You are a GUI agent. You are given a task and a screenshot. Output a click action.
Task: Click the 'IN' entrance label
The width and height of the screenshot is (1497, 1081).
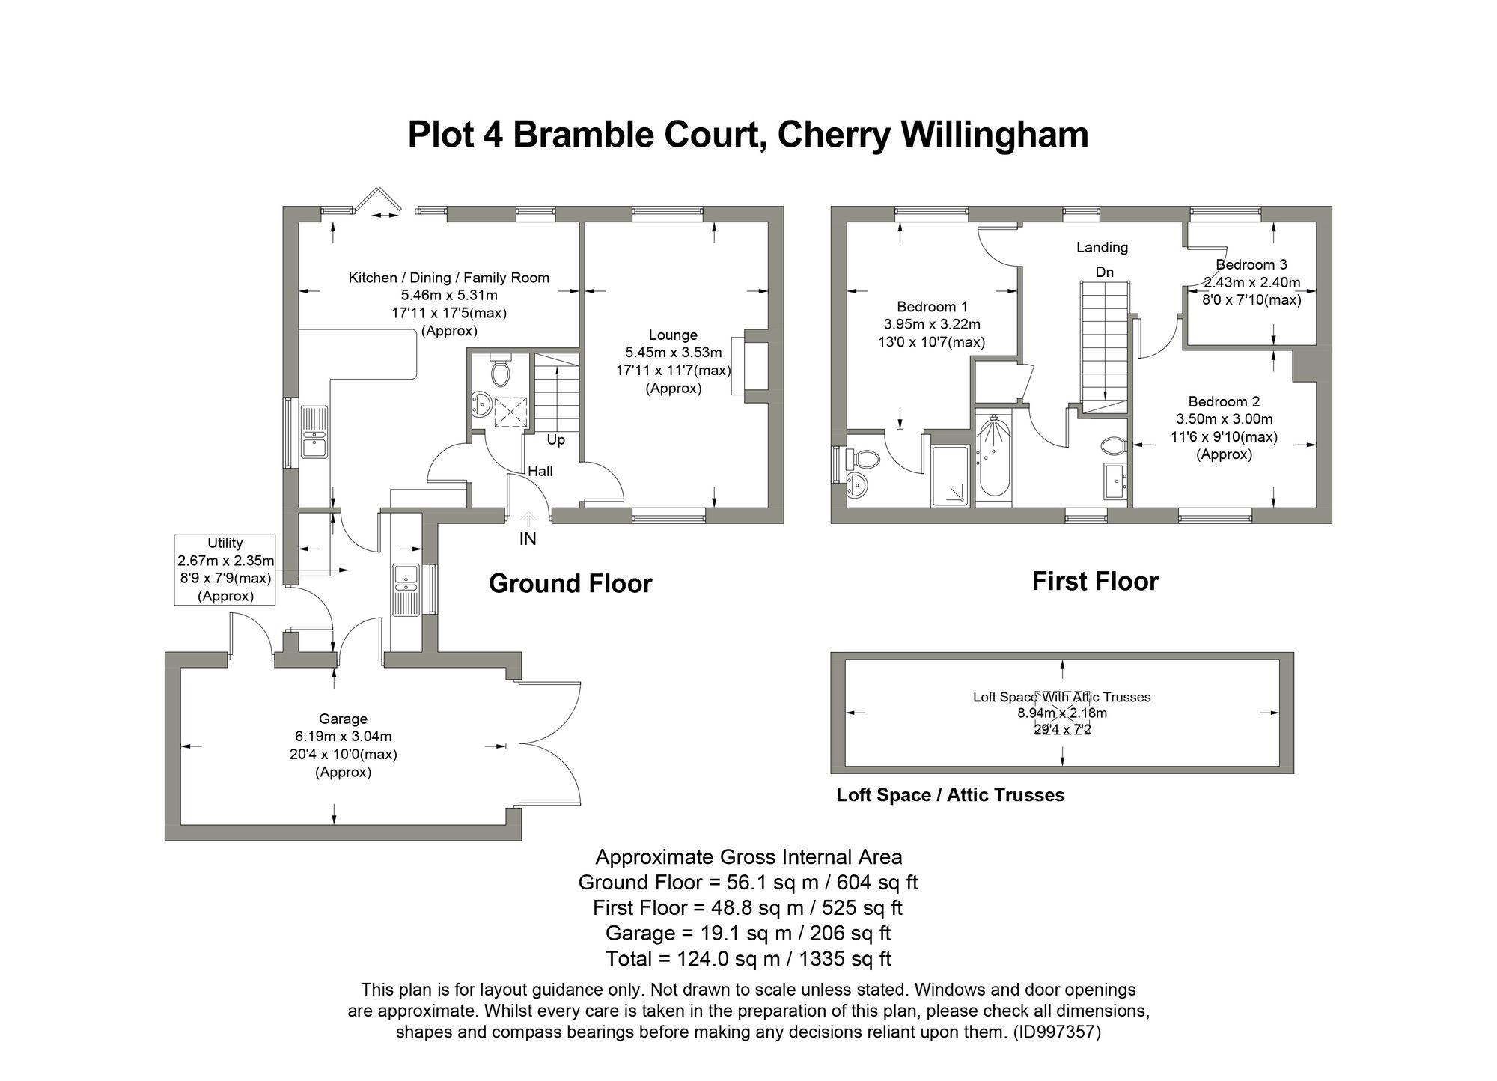[528, 538]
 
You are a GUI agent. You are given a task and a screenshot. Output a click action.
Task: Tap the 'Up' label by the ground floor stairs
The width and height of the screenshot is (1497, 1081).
[555, 440]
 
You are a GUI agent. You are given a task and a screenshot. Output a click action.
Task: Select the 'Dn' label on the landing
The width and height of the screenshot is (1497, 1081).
[1105, 272]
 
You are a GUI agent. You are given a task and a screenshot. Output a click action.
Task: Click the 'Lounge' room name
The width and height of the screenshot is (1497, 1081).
[673, 335]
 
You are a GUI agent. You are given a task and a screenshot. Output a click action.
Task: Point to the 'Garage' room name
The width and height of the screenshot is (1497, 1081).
[343, 719]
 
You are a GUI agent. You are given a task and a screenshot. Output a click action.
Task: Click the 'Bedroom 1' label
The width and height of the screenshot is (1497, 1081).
[932, 306]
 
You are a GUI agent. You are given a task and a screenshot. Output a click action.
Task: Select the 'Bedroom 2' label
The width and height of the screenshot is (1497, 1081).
[1224, 401]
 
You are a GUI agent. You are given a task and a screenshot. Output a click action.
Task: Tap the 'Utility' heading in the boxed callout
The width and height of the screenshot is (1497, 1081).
[225, 543]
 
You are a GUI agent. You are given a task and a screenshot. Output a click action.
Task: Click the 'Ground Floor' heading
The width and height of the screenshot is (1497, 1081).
[570, 584]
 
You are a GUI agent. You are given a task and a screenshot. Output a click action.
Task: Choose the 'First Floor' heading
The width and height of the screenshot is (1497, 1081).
[1095, 582]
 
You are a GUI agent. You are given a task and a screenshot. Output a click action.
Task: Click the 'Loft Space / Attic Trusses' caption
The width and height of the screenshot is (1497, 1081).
[950, 795]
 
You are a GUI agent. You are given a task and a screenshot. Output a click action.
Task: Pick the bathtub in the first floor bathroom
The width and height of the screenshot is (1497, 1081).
[993, 458]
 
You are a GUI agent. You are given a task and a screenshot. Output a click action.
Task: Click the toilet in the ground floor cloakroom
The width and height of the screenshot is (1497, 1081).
[500, 371]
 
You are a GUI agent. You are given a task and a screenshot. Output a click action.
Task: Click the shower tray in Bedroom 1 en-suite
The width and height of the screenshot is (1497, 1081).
[950, 476]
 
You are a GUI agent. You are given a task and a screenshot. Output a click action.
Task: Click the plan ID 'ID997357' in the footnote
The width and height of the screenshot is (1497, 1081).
[1057, 1032]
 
